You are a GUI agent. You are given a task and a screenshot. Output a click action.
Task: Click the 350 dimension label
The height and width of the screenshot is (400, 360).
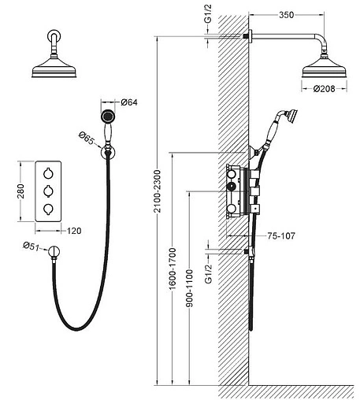click(286, 15)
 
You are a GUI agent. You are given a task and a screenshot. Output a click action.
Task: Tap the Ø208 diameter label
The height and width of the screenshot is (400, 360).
click(324, 89)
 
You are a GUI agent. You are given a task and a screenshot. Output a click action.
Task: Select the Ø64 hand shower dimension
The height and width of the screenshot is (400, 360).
click(129, 102)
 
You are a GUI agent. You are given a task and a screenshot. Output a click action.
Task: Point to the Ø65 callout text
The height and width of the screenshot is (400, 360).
click(86, 139)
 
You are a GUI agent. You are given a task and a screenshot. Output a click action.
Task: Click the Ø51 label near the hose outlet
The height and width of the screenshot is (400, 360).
click(32, 246)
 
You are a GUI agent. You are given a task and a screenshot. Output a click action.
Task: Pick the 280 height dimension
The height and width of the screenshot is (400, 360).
click(20, 191)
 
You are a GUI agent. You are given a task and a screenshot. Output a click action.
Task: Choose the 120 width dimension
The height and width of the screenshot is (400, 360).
click(74, 231)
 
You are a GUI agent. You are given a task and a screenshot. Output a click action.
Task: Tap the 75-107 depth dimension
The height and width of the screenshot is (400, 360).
click(281, 235)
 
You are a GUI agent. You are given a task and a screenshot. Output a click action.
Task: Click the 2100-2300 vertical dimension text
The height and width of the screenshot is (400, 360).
click(157, 191)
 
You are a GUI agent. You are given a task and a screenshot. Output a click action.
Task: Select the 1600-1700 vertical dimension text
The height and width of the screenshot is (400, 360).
click(173, 269)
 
